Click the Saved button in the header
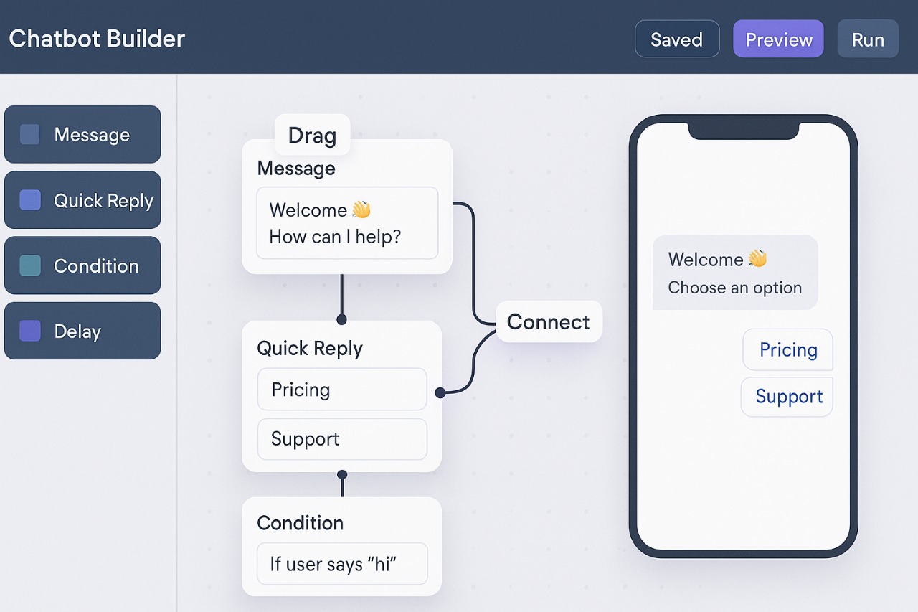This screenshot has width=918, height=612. (676, 39)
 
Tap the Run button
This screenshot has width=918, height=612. (867, 39)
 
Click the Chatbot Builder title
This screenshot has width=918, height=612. (97, 39)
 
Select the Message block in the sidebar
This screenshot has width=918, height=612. (82, 135)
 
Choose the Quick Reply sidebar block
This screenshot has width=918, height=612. (82, 200)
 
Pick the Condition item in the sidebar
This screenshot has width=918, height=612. (82, 265)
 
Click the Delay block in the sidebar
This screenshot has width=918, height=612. (82, 331)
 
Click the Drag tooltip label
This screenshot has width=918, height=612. (312, 135)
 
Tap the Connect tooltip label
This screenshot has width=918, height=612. (549, 321)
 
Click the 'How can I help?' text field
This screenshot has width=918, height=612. (347, 223)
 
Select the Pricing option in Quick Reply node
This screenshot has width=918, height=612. (342, 390)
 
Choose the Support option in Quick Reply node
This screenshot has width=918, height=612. (342, 439)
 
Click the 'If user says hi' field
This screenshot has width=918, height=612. (342, 564)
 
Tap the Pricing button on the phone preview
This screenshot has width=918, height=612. (787, 350)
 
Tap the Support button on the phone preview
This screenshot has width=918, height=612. (787, 397)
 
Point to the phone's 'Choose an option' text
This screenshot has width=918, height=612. (734, 288)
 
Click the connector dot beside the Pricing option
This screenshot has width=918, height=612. (440, 392)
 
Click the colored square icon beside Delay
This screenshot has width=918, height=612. (30, 331)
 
